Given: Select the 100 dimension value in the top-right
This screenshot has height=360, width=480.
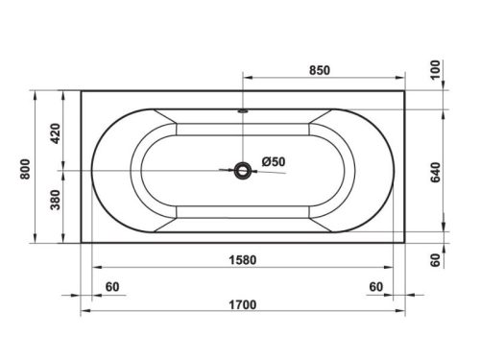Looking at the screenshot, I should click(438, 70).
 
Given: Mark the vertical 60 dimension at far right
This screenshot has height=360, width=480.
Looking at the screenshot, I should click(438, 259).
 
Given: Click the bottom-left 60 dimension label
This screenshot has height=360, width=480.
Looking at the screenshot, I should click(112, 286).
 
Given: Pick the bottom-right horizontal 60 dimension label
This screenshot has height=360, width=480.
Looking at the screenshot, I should click(375, 286).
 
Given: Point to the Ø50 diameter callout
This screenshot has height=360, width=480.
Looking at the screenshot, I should click(273, 161).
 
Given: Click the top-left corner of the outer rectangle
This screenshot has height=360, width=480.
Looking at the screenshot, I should click(81, 92).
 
